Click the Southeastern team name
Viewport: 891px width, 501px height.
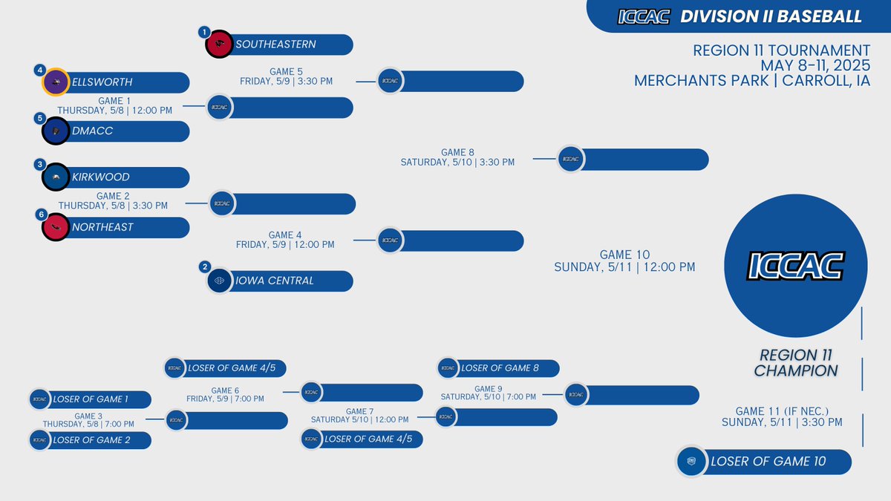coord(275,45)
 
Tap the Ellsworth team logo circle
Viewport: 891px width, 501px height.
coord(56,82)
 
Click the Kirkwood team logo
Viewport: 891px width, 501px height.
coord(56,177)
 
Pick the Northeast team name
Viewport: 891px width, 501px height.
coord(102,227)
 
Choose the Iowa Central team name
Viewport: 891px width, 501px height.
coord(275,281)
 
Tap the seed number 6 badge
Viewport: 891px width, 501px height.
coord(40,214)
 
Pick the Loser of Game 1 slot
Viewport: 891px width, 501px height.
coord(90,399)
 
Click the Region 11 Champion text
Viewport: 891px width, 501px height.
coord(796,363)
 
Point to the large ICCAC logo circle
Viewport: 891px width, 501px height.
coord(795,264)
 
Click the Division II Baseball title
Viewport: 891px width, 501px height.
coord(771,16)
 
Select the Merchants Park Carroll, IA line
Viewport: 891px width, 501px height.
coord(751,80)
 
